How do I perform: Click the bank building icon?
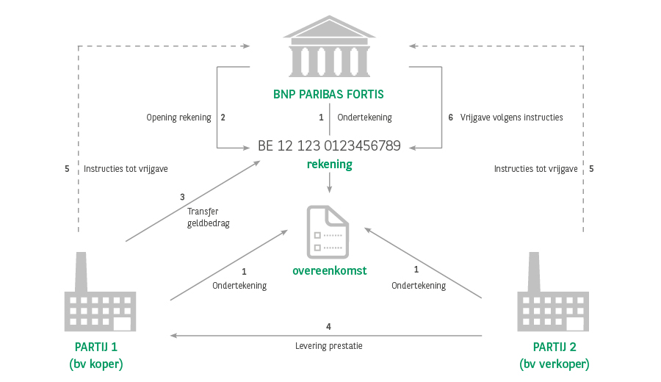[329, 46]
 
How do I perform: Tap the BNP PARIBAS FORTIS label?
[328, 94]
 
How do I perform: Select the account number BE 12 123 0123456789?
[329, 146]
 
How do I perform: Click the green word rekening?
[329, 165]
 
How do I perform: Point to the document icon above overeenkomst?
[328, 232]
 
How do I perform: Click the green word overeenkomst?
[330, 270]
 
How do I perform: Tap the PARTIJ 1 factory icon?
[100, 292]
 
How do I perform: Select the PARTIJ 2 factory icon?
[552, 292]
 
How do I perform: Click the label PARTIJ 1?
[96, 347]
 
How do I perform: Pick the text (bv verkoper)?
[555, 364]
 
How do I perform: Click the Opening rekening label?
[178, 118]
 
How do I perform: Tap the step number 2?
[223, 118]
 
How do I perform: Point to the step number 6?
[451, 118]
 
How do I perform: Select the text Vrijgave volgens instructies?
[511, 118]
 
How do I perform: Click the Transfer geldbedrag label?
[209, 217]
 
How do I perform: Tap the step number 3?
[182, 197]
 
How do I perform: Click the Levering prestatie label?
[329, 346]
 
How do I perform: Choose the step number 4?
[328, 326]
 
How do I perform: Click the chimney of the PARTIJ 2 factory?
[534, 272]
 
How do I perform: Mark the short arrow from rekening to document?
[329, 183]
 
